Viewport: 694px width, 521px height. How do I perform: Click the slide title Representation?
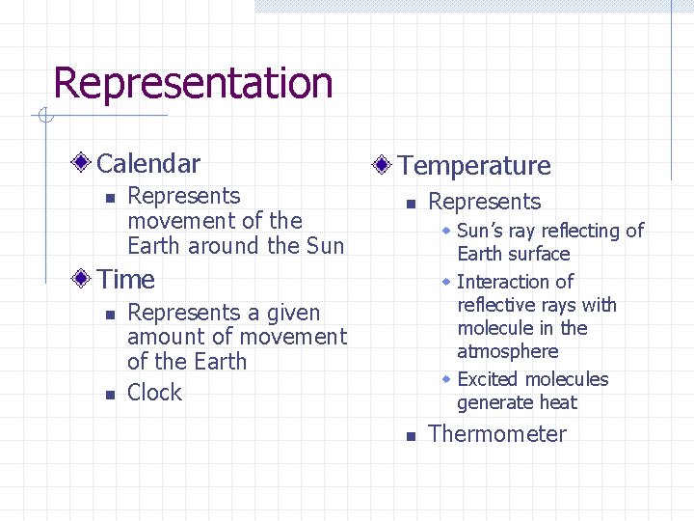[193, 83]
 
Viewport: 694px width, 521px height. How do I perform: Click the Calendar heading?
[148, 164]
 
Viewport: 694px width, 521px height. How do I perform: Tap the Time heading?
[126, 280]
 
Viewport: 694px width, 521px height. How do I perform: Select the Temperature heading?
[474, 166]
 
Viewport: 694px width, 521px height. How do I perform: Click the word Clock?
[154, 393]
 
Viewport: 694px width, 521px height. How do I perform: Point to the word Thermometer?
[496, 434]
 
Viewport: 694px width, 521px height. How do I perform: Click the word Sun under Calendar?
[325, 246]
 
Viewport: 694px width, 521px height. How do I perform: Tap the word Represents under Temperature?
[484, 202]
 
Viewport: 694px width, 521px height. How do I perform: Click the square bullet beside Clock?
[110, 395]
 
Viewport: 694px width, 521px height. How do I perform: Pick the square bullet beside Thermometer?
[410, 436]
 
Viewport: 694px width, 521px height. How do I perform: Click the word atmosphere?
[507, 351]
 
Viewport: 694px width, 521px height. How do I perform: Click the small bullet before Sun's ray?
[446, 232]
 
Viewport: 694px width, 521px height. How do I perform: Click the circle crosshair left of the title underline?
[43, 117]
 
